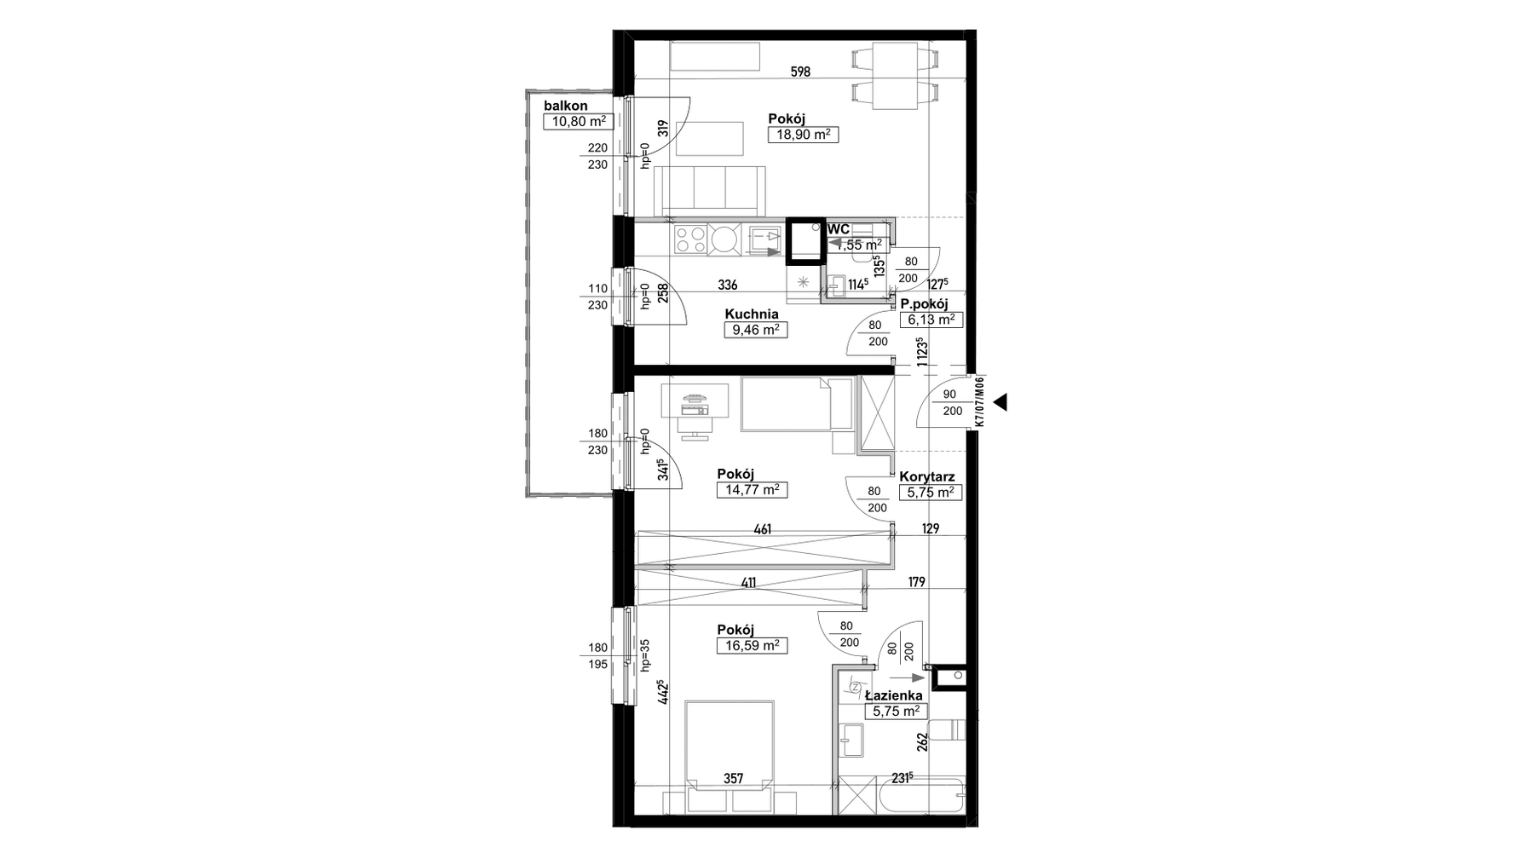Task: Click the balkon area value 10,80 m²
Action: tap(578, 121)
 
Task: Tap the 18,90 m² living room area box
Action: tap(803, 134)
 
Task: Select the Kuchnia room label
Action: tap(752, 314)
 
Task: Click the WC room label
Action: tap(839, 228)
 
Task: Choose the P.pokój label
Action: tap(924, 303)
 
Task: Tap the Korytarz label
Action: tap(927, 477)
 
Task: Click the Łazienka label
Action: tap(893, 695)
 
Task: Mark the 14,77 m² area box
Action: tap(753, 490)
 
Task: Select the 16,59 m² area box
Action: tap(753, 646)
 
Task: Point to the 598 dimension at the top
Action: tap(800, 72)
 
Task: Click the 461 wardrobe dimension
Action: tap(763, 529)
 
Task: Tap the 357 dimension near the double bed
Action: tap(733, 778)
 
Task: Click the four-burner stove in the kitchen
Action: tap(690, 239)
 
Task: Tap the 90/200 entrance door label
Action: tap(952, 402)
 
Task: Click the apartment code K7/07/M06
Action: tap(980, 402)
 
